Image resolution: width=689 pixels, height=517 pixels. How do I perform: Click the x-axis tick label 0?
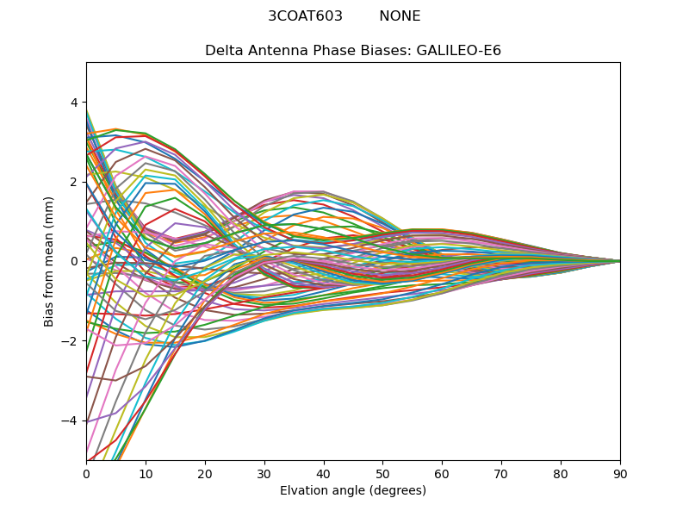[86, 473]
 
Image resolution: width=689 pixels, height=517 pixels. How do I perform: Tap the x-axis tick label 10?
[146, 473]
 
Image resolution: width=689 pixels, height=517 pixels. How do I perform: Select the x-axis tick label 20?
[205, 473]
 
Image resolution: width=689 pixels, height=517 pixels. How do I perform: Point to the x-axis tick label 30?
[264, 473]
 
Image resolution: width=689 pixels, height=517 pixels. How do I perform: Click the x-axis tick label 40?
[324, 473]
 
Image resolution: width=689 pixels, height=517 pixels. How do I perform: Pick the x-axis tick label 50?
[382, 473]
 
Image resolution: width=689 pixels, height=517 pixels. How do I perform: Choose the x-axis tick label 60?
[442, 473]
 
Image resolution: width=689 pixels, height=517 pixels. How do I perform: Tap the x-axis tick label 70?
[501, 473]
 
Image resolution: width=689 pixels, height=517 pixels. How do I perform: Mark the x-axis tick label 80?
[561, 473]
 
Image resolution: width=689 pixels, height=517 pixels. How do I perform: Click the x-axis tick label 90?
[620, 473]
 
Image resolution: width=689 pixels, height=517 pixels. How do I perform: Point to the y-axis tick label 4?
[73, 103]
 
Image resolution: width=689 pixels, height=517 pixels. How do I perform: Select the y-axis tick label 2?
[73, 182]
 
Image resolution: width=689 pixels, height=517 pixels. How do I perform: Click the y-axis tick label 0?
[73, 261]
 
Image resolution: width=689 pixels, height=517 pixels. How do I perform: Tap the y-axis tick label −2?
[70, 341]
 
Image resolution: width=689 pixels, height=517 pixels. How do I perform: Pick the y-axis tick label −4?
[70, 420]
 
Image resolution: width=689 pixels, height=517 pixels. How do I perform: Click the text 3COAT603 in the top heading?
[305, 16]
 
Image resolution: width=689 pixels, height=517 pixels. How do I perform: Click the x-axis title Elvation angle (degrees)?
[353, 490]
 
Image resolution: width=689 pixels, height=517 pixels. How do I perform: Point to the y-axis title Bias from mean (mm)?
[50, 261]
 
